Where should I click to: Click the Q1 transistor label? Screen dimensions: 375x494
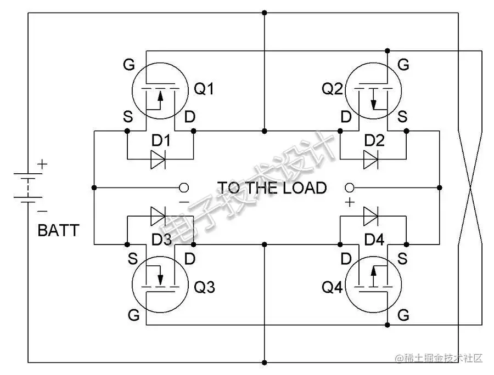pyautogui.click(x=204, y=89)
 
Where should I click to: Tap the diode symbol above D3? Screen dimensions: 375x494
pyautogui.click(x=159, y=215)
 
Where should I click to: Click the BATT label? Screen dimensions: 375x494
pyautogui.click(x=58, y=231)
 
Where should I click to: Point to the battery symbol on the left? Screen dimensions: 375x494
pyautogui.click(x=25, y=189)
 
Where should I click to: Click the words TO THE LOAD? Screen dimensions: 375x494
pyautogui.click(x=272, y=188)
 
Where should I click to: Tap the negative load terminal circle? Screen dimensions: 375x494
pyautogui.click(x=184, y=188)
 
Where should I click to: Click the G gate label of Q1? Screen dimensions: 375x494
pyautogui.click(x=128, y=65)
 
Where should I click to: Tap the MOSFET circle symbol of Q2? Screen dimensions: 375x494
pyautogui.click(x=373, y=90)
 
